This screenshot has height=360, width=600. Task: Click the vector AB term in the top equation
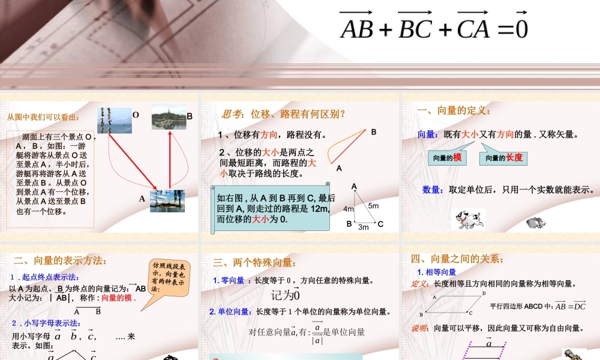pyautogui.click(x=358, y=26)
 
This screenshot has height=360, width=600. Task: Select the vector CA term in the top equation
pyautogui.click(x=473, y=26)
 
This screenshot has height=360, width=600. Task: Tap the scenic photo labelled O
pyautogui.click(x=114, y=120)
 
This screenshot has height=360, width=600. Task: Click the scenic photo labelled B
pyautogui.click(x=169, y=117)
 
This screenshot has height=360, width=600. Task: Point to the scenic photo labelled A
pyautogui.click(x=167, y=200)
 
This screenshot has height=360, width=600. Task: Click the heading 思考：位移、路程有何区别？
pyautogui.click(x=284, y=114)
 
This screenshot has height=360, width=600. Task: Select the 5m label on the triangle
pyautogui.click(x=373, y=205)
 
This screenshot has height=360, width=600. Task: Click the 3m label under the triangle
pyautogui.click(x=363, y=227)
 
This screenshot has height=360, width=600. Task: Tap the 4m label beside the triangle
pyautogui.click(x=349, y=209)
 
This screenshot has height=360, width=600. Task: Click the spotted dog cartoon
pyautogui.click(x=467, y=219)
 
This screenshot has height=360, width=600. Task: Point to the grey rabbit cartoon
pyautogui.click(x=535, y=223)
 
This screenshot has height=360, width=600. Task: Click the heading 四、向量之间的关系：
pyautogui.click(x=457, y=259)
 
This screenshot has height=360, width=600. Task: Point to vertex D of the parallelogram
pyautogui.click(x=484, y=293)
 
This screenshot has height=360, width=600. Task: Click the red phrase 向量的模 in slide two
pyautogui.click(x=119, y=298)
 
